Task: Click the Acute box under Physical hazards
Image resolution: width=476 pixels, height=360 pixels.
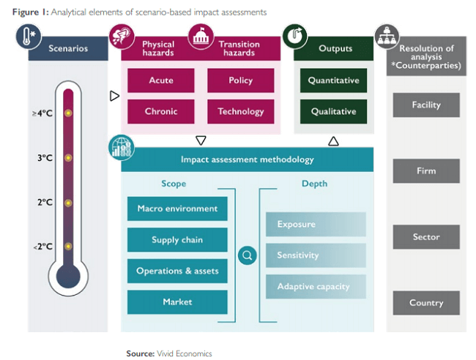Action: [x=160, y=80]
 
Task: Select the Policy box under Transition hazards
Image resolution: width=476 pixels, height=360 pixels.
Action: [x=240, y=80]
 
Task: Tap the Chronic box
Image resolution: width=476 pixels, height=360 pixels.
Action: [x=160, y=111]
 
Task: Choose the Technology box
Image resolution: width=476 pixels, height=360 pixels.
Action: [x=240, y=111]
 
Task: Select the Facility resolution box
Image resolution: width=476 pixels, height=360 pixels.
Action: [x=425, y=105]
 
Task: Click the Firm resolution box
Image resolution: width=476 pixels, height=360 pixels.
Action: [x=425, y=170]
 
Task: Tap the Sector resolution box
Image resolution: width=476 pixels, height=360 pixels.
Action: [x=425, y=237]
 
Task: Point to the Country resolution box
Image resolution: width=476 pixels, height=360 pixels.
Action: [x=425, y=303]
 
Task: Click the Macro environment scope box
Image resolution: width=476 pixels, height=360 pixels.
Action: [x=177, y=209]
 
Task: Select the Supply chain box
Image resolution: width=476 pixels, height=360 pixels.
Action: [x=177, y=240]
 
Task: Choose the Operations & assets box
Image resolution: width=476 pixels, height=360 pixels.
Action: [x=177, y=271]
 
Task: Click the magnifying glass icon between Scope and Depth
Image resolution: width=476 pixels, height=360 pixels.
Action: [x=248, y=255]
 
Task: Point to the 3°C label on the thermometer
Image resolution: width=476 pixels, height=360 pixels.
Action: [x=45, y=157]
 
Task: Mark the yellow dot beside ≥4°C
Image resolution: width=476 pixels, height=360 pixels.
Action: [x=68, y=113]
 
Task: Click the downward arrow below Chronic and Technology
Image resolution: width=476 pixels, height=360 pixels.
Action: [x=201, y=140]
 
